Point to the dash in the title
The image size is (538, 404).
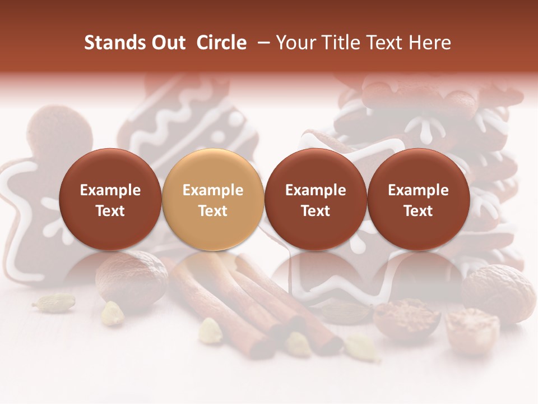coord(262,43)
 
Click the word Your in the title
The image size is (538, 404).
coord(294,43)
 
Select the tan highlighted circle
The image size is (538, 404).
coord(212,199)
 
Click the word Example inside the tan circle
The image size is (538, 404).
coord(212,190)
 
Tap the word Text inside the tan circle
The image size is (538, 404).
coord(212,211)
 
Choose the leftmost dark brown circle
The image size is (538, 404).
coord(110,199)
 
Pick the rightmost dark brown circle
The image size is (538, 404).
coord(418,199)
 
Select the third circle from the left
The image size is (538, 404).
coord(316,199)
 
